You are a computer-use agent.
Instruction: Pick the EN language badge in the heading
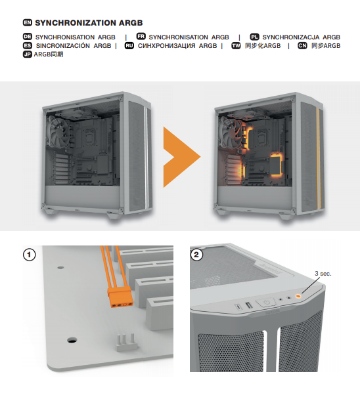tap(27, 22)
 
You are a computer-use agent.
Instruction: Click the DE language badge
tap(27, 37)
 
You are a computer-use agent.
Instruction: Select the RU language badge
tap(129, 46)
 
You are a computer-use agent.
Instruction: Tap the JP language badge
tap(27, 54)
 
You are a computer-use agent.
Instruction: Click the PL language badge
tap(255, 37)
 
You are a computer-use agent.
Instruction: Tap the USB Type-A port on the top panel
tap(249, 307)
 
